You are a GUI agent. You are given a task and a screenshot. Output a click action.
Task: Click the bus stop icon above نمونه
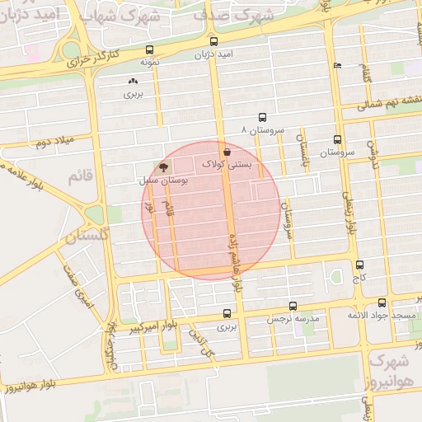pos(149,49)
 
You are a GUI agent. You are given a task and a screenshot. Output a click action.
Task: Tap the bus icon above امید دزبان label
pos(214,41)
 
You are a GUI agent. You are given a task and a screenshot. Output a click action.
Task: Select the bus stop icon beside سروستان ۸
pos(262,117)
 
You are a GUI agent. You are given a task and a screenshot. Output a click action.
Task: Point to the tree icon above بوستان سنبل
pos(162,166)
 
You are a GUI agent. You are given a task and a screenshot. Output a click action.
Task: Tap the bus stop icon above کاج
pos(359,265)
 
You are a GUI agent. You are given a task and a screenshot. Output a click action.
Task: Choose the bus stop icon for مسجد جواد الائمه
pos(382,303)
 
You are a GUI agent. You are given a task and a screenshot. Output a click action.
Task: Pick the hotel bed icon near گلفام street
pos(336,65)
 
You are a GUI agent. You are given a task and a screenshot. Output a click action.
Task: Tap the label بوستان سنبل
pos(162,179)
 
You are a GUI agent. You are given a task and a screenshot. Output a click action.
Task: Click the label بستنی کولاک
pos(227,165)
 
